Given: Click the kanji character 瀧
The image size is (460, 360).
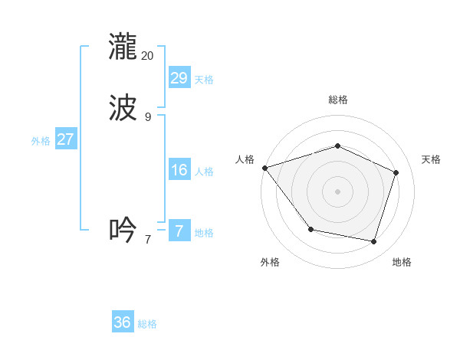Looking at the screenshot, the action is tap(123, 46).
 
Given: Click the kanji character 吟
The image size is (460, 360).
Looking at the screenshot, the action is tap(123, 230).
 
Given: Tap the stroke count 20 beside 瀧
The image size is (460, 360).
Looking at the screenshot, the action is tap(147, 56).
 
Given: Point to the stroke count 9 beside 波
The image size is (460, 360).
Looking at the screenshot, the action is tap(147, 117).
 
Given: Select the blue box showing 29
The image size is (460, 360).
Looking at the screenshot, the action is tap(179, 77).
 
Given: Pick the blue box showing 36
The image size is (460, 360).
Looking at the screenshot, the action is tap(123, 322).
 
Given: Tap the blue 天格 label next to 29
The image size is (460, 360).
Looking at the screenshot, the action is tap(204, 80).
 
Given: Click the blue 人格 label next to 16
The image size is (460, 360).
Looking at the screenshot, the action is tap(204, 172).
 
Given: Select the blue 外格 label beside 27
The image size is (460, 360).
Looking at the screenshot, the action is tap(41, 141).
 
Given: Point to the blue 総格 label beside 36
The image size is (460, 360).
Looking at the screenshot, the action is tap(147, 325).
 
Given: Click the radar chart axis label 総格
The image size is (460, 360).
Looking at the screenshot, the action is tap(337, 100).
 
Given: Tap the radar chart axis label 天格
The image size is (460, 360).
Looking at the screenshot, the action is tap(431, 159).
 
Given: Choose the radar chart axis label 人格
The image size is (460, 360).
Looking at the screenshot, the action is tap(245, 159).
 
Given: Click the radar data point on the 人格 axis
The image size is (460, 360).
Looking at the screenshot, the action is tap(264, 168).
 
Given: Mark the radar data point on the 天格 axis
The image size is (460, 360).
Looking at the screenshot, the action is tap(396, 172).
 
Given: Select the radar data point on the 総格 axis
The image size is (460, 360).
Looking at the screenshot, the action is tap(337, 146).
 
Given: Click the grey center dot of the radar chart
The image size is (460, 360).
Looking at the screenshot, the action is tap(337, 191).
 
